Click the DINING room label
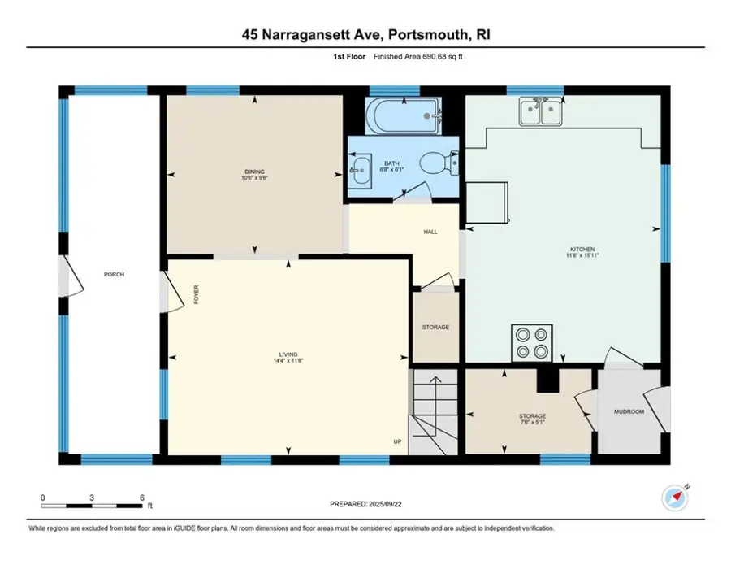click(x=254, y=172)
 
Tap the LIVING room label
click(x=288, y=354)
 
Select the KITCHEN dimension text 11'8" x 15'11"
click(x=582, y=255)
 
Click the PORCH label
click(x=114, y=275)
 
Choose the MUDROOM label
click(x=629, y=412)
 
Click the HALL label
click(x=430, y=232)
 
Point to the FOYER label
click(x=196, y=294)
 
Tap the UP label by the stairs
click(x=397, y=442)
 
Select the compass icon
click(x=675, y=495)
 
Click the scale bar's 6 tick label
click(x=143, y=498)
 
